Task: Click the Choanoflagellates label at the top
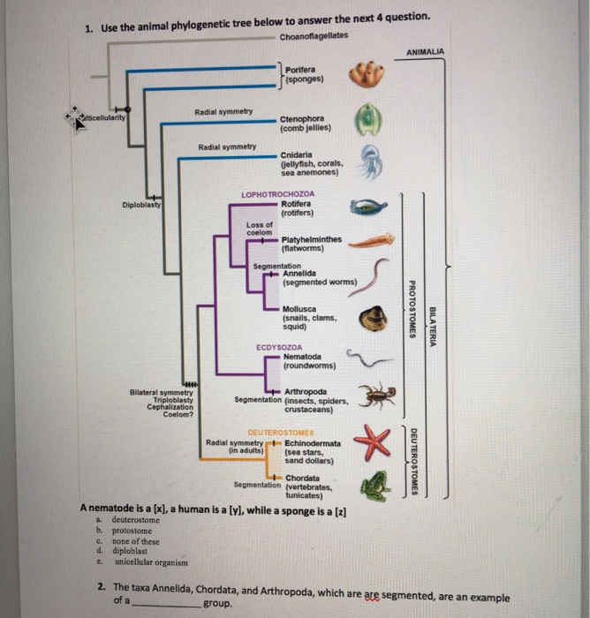[x=314, y=35]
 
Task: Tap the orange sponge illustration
[x=367, y=75]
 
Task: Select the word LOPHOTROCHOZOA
[x=276, y=193]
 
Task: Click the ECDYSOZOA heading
[x=279, y=347]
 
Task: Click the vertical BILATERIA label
[x=432, y=326]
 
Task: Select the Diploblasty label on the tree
[x=142, y=207]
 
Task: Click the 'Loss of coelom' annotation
[x=260, y=228]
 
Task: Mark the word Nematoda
[x=303, y=357]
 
